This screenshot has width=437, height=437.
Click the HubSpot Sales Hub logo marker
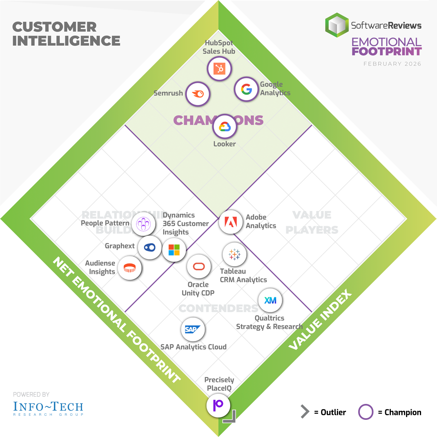219,69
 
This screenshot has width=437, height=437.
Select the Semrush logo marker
198,94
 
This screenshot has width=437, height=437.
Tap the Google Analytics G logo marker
246,89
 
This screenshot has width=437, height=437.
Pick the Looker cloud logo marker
225,127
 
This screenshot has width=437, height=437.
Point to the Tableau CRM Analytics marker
234,254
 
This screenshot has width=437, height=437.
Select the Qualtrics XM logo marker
270,301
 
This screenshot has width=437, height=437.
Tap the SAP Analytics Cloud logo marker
193,329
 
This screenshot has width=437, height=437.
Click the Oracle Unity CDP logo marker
198,267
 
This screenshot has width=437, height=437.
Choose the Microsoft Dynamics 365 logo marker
174,250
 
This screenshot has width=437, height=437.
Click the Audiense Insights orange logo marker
130,268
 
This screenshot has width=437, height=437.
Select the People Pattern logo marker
143,223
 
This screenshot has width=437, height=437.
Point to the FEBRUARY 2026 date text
392,64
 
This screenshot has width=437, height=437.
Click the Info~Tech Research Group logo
48,408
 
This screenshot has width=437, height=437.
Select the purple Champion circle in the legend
366,412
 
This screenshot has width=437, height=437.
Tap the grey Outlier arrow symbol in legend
305,412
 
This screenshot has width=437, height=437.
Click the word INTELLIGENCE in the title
66,41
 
